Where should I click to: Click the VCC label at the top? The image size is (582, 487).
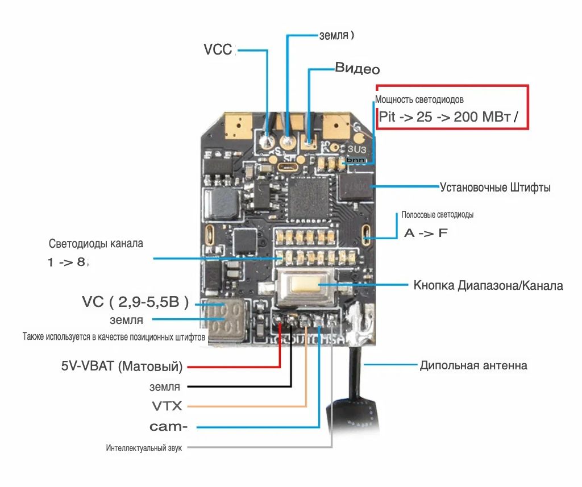coord(218,49)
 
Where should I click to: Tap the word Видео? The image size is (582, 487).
coord(357,69)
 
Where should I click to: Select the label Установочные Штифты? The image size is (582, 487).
coord(495,187)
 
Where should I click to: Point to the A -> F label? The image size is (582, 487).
coord(426,233)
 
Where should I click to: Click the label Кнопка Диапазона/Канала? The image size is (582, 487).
coord(488,285)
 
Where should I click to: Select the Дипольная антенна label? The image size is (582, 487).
coord(473,365)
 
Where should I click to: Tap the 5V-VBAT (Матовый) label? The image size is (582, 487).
coord(122,367)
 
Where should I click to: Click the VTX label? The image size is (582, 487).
coord(167,406)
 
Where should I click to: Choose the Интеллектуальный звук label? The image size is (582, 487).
coord(144,448)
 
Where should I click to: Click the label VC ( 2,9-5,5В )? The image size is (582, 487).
coord(135,302)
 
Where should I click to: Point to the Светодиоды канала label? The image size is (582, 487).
coord(96,244)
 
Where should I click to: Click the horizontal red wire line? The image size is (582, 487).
coord(233,367)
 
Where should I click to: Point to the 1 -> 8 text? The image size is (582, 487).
coord(69,263)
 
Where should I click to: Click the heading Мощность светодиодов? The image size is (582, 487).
coord(423,99)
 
